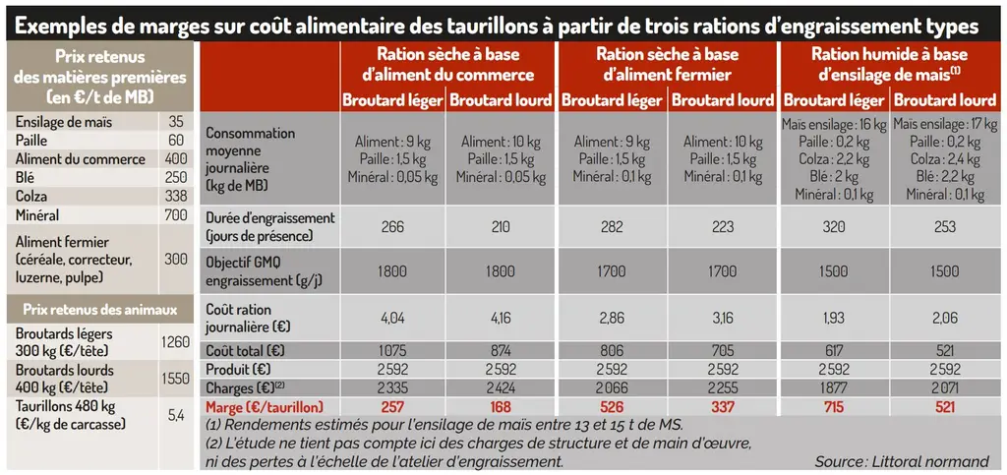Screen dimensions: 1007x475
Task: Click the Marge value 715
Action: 834,407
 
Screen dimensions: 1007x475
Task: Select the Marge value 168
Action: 501,407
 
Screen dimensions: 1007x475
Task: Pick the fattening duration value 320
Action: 834,226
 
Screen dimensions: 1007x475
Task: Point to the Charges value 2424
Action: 501,387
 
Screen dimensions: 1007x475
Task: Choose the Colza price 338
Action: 175,197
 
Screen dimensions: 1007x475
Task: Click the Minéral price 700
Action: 175,215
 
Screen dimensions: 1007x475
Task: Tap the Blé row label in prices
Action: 27,178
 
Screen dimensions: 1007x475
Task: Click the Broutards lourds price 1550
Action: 175,379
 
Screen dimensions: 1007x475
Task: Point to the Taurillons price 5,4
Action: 176,415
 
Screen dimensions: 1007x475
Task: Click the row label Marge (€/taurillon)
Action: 265,407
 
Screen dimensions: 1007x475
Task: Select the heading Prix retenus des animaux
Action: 99,310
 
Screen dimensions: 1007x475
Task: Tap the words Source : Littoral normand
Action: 902,461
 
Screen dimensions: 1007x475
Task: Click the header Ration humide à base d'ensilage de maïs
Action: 889,64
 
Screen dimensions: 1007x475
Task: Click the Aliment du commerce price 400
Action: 175,159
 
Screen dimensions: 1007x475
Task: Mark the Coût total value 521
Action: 945,351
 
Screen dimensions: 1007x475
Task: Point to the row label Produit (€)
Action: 237,370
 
